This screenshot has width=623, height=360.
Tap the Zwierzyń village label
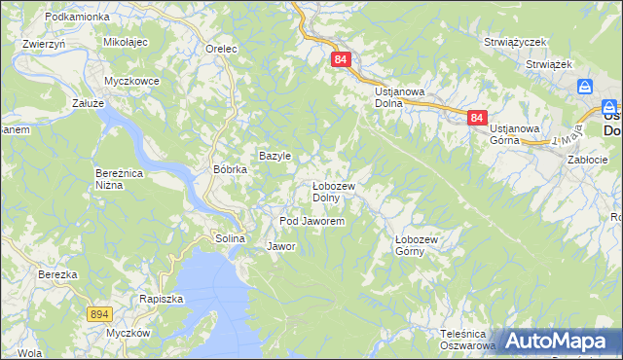pyautogui.click(x=44, y=44)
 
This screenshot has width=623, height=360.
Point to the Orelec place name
pyautogui.click(x=222, y=48)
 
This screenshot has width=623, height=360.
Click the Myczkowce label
pyautogui.click(x=131, y=81)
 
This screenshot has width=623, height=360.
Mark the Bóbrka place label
pyautogui.click(x=231, y=168)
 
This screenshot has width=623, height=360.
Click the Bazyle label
pyautogui.click(x=275, y=156)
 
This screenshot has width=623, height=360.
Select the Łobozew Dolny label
pyautogui.click(x=333, y=192)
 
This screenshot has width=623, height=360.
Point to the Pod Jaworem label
pyautogui.click(x=312, y=222)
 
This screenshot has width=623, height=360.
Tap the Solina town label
pyautogui.click(x=230, y=238)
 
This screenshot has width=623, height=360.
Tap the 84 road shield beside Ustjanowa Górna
pyautogui.click(x=476, y=118)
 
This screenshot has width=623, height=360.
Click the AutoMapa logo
pyautogui.click(x=557, y=341)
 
